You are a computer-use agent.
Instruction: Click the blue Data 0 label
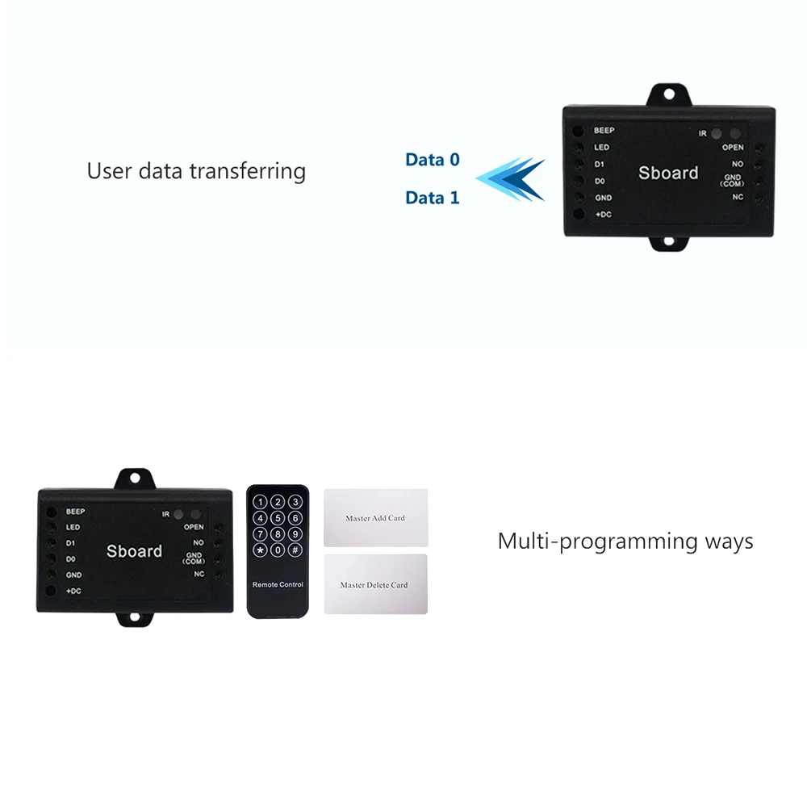click(x=432, y=160)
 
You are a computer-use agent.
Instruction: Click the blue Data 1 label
click(x=432, y=198)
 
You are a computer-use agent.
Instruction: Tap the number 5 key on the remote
click(x=278, y=518)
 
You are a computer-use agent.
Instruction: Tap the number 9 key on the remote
click(x=295, y=533)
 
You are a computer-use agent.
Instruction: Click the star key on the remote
click(x=260, y=550)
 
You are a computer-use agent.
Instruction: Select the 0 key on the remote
click(x=278, y=550)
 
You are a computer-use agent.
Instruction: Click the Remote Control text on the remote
click(x=278, y=584)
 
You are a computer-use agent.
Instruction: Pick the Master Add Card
click(x=375, y=518)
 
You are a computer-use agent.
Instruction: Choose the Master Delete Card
click(x=375, y=584)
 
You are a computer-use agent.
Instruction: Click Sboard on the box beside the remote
click(x=134, y=551)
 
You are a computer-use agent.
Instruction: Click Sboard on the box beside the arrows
click(x=668, y=173)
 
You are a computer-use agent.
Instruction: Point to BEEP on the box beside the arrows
click(x=604, y=131)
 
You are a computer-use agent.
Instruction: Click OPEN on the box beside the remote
click(x=194, y=527)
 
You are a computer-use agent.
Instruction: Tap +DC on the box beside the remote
click(x=73, y=591)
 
